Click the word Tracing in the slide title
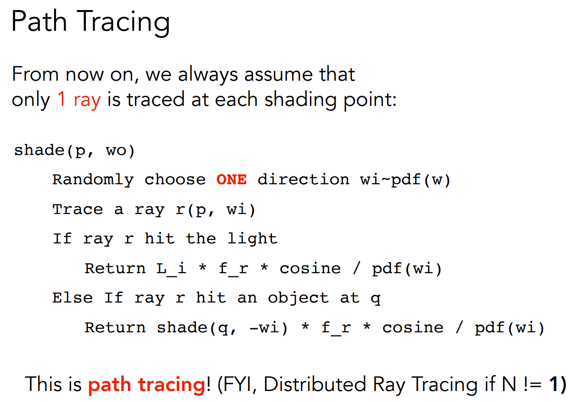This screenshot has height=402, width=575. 123,22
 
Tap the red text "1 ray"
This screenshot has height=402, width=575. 79,100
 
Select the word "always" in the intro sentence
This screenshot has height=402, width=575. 208,74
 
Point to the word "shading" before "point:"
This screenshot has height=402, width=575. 300,100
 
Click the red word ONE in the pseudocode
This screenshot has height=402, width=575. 232,179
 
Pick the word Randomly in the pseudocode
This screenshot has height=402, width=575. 93,180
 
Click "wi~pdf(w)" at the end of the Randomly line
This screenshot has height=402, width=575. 405,180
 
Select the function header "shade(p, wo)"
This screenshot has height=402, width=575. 74,150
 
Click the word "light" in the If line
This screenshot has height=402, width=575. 252,239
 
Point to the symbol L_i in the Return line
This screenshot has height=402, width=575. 171,269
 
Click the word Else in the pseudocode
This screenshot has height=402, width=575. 72,298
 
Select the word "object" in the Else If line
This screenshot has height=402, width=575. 299,298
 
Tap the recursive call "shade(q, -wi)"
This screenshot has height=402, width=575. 222,328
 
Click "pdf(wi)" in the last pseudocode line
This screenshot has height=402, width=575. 509,328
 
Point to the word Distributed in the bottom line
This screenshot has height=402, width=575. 315,384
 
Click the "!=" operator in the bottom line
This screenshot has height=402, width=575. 533,385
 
